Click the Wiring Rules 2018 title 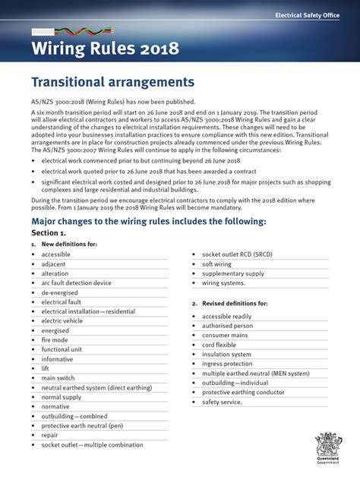106,50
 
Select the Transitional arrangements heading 112,81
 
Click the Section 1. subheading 50,233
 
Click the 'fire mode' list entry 55,339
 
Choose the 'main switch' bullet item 58,377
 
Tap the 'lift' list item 46,368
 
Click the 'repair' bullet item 50,434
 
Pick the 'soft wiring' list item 219,264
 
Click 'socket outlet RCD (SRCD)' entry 238,254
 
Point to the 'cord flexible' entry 220,344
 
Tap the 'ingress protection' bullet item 228,363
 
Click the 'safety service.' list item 223,401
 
